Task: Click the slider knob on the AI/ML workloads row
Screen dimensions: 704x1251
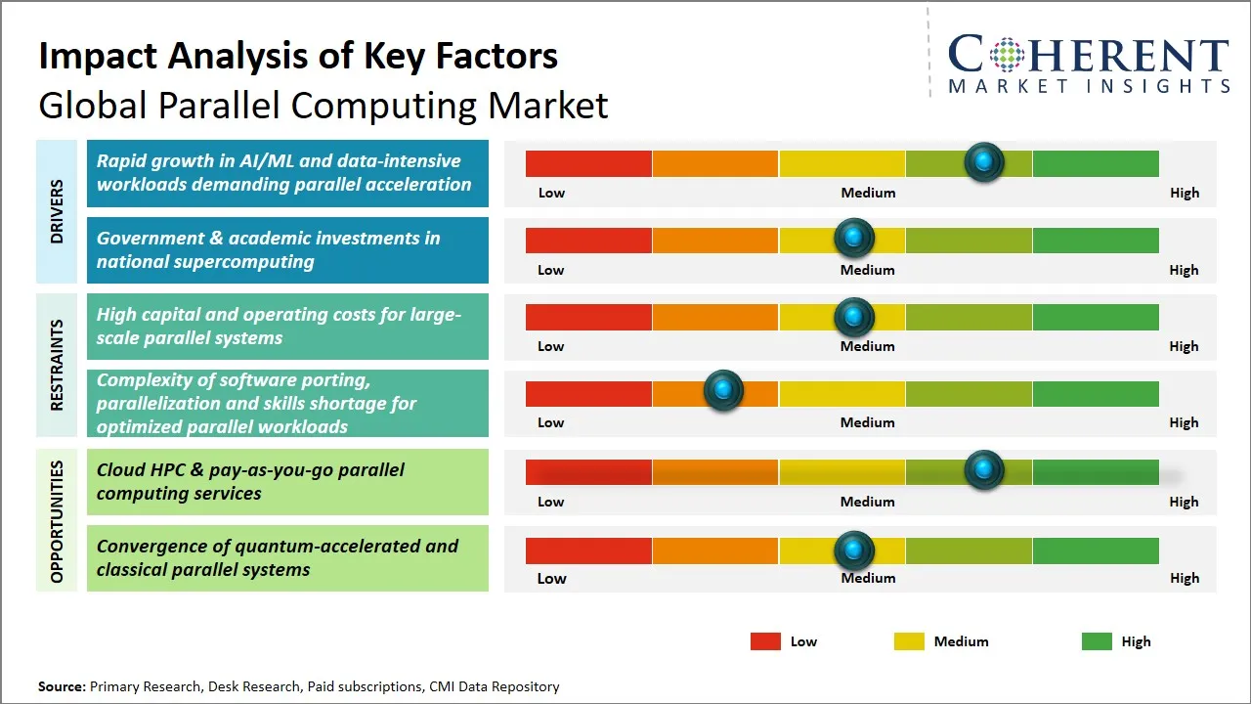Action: (984, 161)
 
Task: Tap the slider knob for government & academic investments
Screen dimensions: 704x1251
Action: (854, 238)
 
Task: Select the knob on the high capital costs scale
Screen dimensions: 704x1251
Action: (854, 316)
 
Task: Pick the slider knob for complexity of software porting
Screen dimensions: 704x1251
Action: (724, 390)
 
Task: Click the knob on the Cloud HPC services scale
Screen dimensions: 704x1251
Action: (984, 469)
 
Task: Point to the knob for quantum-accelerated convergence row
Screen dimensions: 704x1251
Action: (854, 550)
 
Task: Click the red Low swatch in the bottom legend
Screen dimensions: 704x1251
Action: (765, 641)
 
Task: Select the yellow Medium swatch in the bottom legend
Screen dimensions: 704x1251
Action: (909, 641)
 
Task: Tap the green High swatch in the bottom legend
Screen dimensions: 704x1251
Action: (1097, 641)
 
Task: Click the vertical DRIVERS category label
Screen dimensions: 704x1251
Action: (57, 211)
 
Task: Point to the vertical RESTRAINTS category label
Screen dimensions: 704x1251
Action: (57, 365)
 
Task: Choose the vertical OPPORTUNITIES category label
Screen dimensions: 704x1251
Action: (57, 521)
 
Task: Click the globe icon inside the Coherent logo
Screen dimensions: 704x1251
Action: (1007, 55)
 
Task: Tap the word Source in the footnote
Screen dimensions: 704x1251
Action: (61, 686)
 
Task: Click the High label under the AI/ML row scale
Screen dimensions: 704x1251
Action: (1184, 193)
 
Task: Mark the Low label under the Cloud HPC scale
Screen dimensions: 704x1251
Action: (551, 502)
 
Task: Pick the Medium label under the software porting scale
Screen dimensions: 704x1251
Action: (868, 422)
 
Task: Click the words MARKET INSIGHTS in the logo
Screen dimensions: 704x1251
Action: (1089, 87)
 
